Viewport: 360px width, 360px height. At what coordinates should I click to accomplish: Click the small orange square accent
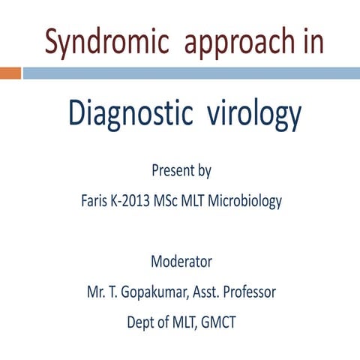[10, 73]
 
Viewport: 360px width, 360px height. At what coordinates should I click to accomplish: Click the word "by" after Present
[204, 172]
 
